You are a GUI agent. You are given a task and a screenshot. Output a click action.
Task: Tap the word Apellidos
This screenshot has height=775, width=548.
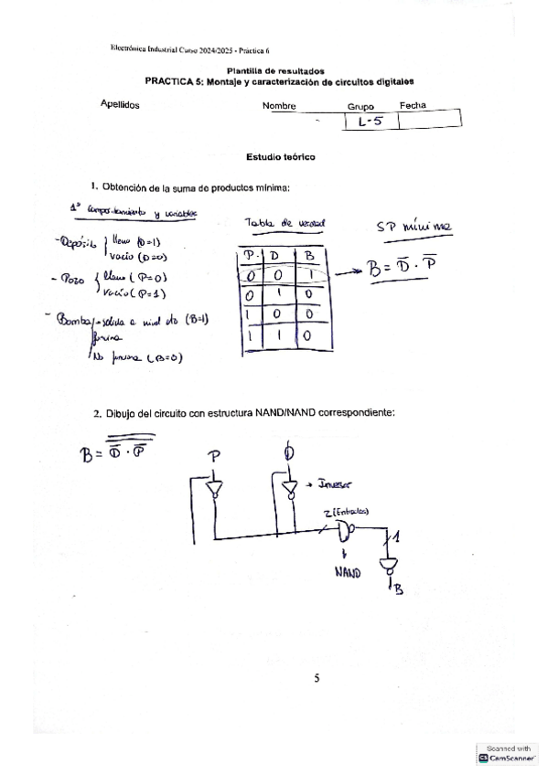(x=120, y=105)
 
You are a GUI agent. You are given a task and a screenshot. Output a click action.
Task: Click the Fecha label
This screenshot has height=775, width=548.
(x=413, y=106)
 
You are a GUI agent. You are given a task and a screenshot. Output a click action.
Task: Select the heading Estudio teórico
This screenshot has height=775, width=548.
(x=275, y=157)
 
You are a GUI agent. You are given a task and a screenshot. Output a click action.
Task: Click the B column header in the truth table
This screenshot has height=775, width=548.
(x=309, y=255)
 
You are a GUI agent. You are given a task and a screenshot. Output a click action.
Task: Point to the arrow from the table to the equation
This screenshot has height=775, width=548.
(x=349, y=272)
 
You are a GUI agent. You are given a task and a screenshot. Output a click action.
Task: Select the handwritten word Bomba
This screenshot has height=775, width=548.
(x=74, y=320)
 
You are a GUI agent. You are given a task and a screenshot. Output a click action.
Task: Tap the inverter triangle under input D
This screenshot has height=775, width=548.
(x=290, y=490)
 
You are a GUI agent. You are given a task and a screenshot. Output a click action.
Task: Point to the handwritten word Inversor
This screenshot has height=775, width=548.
(x=336, y=486)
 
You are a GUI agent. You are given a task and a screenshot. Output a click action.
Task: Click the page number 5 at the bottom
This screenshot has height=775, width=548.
(x=317, y=678)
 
